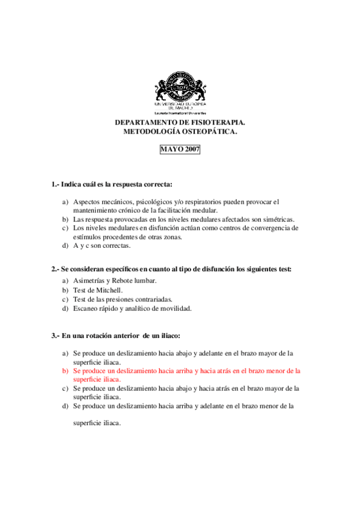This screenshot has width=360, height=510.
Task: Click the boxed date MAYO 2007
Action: click(180, 149)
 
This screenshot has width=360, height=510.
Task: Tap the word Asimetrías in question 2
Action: click(88, 281)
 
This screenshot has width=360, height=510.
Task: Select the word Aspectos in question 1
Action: click(87, 201)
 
